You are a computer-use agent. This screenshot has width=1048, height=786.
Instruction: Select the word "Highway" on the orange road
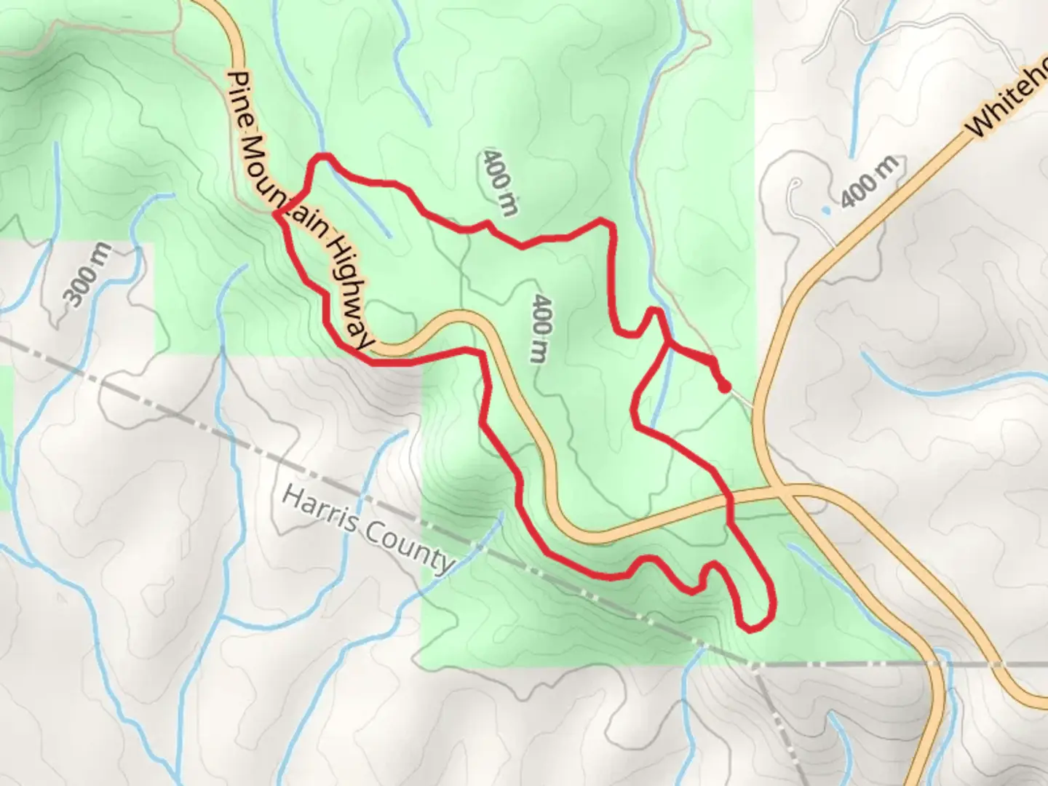350,288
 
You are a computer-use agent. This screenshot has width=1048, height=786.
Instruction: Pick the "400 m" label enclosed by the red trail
539,328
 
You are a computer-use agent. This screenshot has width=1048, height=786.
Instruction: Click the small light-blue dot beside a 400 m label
825,210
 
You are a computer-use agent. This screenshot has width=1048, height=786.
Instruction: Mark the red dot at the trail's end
724,387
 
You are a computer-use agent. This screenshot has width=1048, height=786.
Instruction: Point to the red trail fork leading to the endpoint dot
667,346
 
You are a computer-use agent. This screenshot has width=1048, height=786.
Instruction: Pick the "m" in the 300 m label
101,254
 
